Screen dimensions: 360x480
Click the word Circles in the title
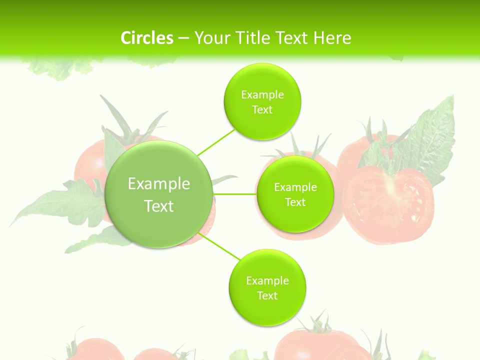pos(146,38)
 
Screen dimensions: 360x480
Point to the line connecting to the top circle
pos(215,142)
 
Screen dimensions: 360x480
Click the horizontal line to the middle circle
pos(234,194)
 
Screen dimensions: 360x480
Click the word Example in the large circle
pos(159,184)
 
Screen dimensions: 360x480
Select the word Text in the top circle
pos(262,110)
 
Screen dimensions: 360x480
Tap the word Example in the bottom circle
pos(267,281)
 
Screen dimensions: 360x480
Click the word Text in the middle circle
pos(295,202)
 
